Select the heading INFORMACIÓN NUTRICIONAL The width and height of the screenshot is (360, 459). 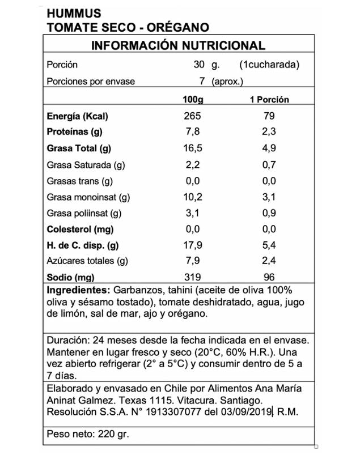tap(178, 46)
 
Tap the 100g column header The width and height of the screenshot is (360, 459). tap(193, 100)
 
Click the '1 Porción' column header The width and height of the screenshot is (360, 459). tap(269, 100)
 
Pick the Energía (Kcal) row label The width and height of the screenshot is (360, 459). tap(77, 117)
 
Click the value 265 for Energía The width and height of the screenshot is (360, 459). tap(193, 117)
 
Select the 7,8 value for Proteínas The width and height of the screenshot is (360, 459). tap(193, 133)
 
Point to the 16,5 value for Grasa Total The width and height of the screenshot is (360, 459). tap(193, 149)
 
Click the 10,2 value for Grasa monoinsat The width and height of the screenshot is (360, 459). tap(193, 197)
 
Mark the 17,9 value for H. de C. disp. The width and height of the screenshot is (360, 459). tap(193, 245)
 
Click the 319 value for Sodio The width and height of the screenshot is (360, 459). tap(193, 278)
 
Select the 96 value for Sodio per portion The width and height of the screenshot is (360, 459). tap(269, 278)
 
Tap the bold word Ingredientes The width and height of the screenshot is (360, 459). tap(78, 291)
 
